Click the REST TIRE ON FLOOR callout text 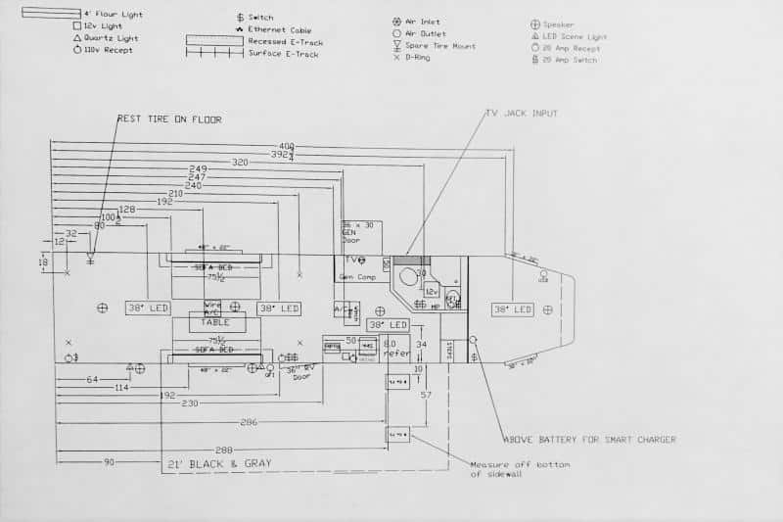click(x=169, y=119)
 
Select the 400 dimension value click(x=286, y=145)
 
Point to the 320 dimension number click(x=240, y=162)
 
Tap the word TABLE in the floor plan click(x=216, y=321)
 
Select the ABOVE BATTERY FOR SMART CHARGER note click(x=589, y=440)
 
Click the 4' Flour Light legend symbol click(x=51, y=14)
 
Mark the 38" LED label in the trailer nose click(x=513, y=309)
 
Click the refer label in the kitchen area click(x=394, y=355)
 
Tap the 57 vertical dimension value click(x=426, y=394)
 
